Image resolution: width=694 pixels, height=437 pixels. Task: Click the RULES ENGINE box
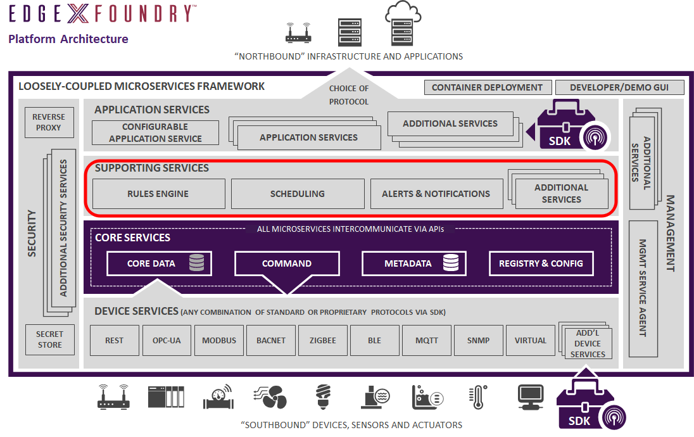pyautogui.click(x=158, y=194)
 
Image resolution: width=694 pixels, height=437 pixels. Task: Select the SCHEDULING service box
pyautogui.click(x=298, y=194)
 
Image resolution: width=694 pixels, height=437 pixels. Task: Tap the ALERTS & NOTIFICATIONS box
pyautogui.click(x=436, y=194)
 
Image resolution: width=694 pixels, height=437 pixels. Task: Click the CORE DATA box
pyautogui.click(x=159, y=263)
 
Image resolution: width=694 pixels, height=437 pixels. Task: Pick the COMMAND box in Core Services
pyautogui.click(x=287, y=263)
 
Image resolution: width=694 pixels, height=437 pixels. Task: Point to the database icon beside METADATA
pyautogui.click(x=451, y=263)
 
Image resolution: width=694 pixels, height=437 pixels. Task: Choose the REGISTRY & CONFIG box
pyautogui.click(x=541, y=263)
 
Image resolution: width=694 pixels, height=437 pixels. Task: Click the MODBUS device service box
pyautogui.click(x=219, y=340)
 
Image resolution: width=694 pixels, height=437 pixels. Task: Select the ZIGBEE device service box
pyautogui.click(x=323, y=340)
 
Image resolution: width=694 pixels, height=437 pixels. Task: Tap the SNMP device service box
pyautogui.click(x=479, y=340)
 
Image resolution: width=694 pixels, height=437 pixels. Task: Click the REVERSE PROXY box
pyautogui.click(x=49, y=122)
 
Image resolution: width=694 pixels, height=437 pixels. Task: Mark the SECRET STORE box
pyautogui.click(x=49, y=339)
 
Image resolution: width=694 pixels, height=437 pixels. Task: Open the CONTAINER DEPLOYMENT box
pyautogui.click(x=487, y=87)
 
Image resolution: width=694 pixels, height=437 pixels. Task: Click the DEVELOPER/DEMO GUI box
pyautogui.click(x=618, y=87)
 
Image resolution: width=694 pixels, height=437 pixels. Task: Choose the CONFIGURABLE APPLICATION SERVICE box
pyautogui.click(x=155, y=133)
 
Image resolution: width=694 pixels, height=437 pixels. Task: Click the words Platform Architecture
pyautogui.click(x=68, y=39)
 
